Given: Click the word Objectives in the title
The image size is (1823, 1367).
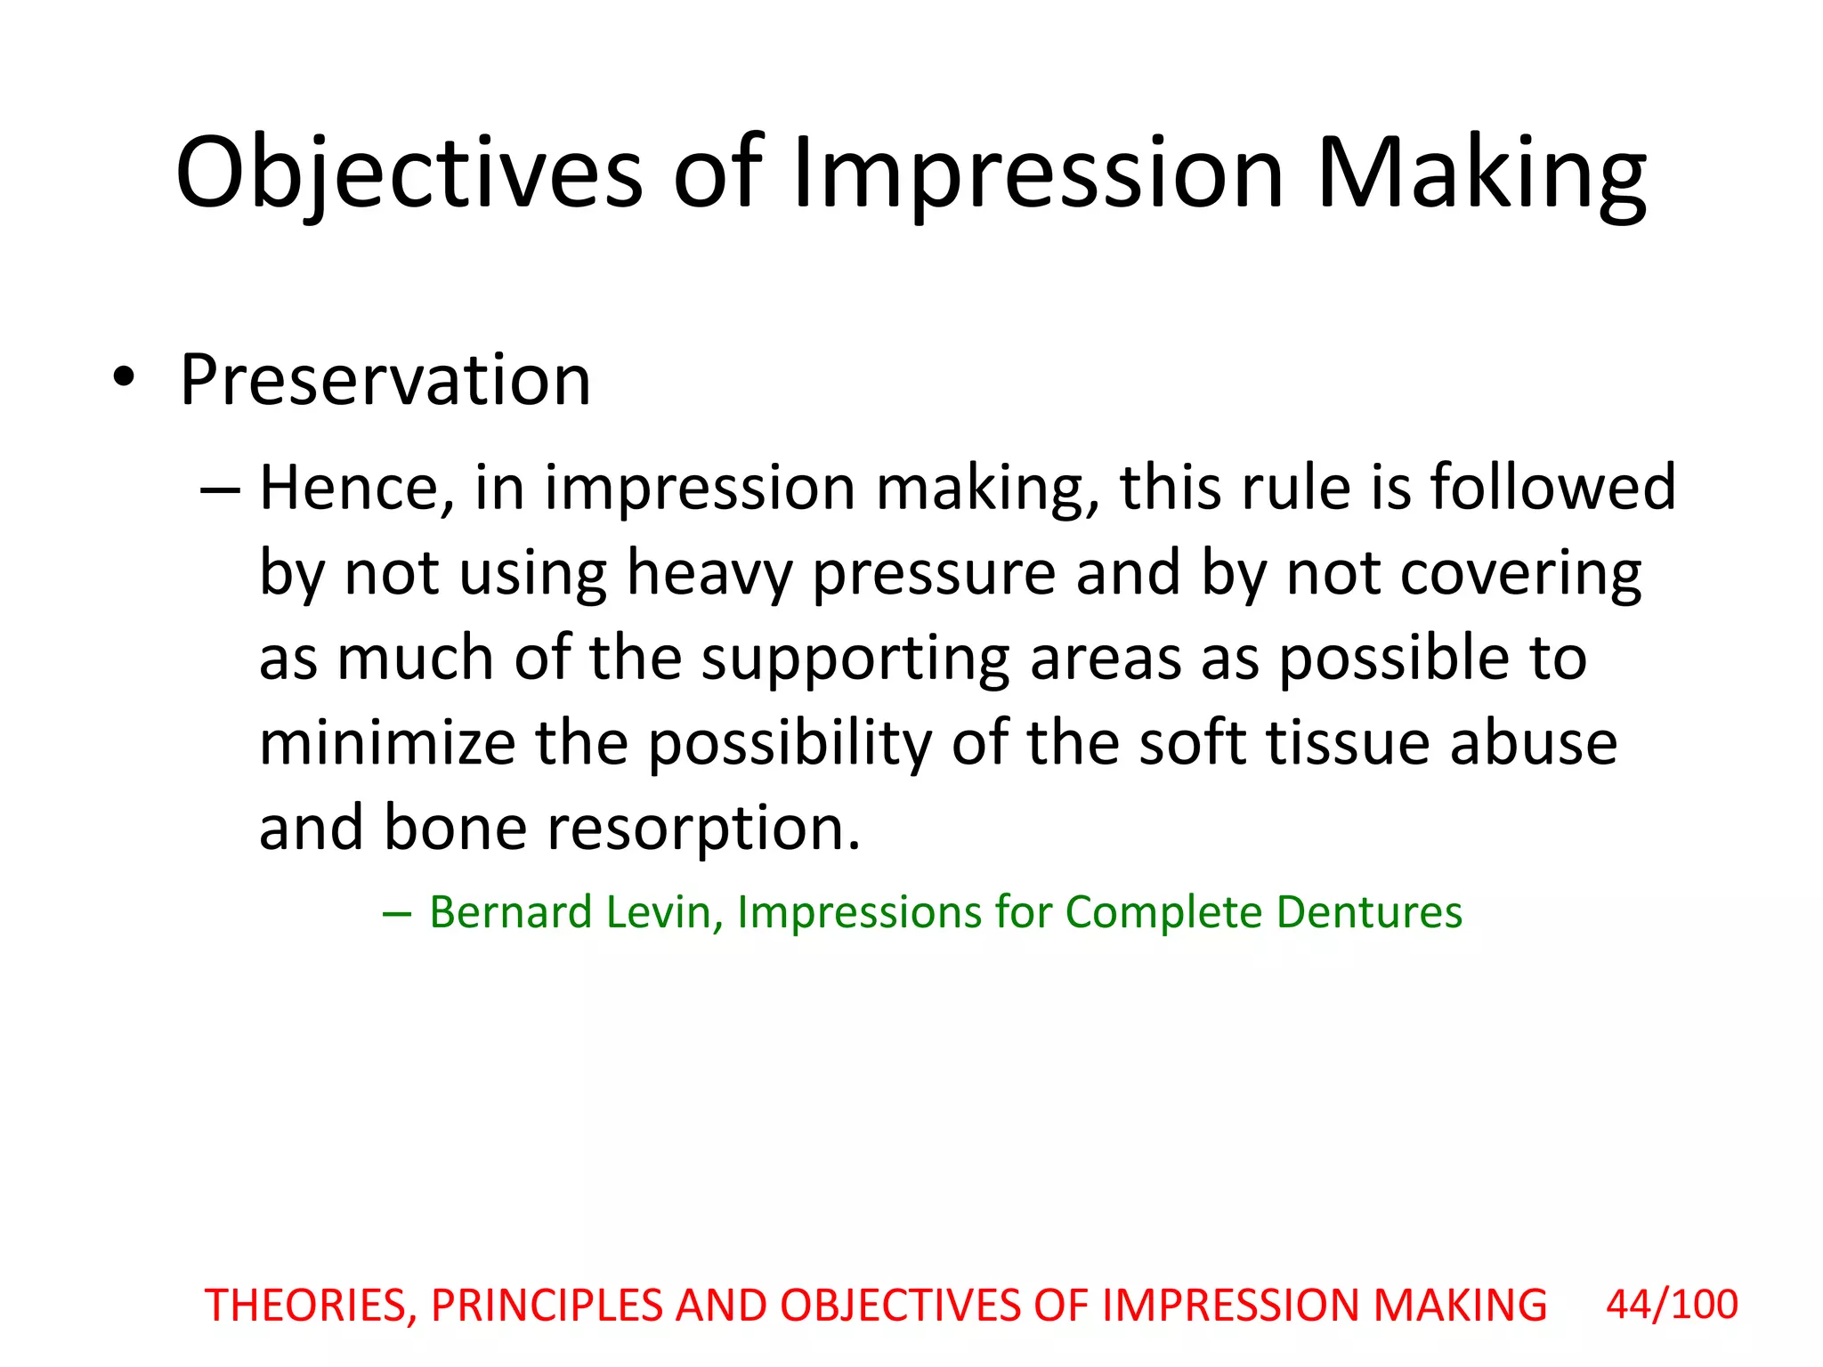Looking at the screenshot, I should pyautogui.click(x=409, y=174).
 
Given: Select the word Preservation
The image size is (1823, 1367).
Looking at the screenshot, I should pyautogui.click(x=385, y=380).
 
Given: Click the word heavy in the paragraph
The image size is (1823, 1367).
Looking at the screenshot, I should pyautogui.click(x=709, y=573).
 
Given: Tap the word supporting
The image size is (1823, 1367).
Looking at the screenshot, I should pyautogui.click(x=855, y=659).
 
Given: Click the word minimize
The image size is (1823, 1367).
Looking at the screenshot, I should pyautogui.click(x=387, y=743).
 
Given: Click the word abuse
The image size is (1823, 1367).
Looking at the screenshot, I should pyautogui.click(x=1533, y=743).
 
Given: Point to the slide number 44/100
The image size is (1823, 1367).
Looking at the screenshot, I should pyautogui.click(x=1672, y=1305).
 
